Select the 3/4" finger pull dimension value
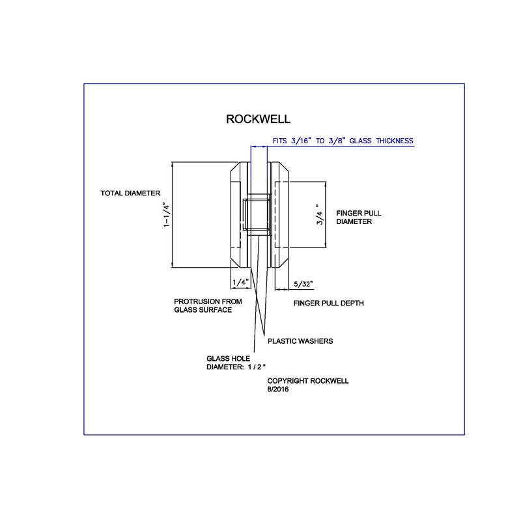[318, 215]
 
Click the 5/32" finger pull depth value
[303, 284]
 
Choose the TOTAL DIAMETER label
[130, 193]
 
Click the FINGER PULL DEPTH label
[328, 303]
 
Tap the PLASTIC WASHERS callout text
[300, 341]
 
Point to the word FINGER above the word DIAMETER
[349, 213]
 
